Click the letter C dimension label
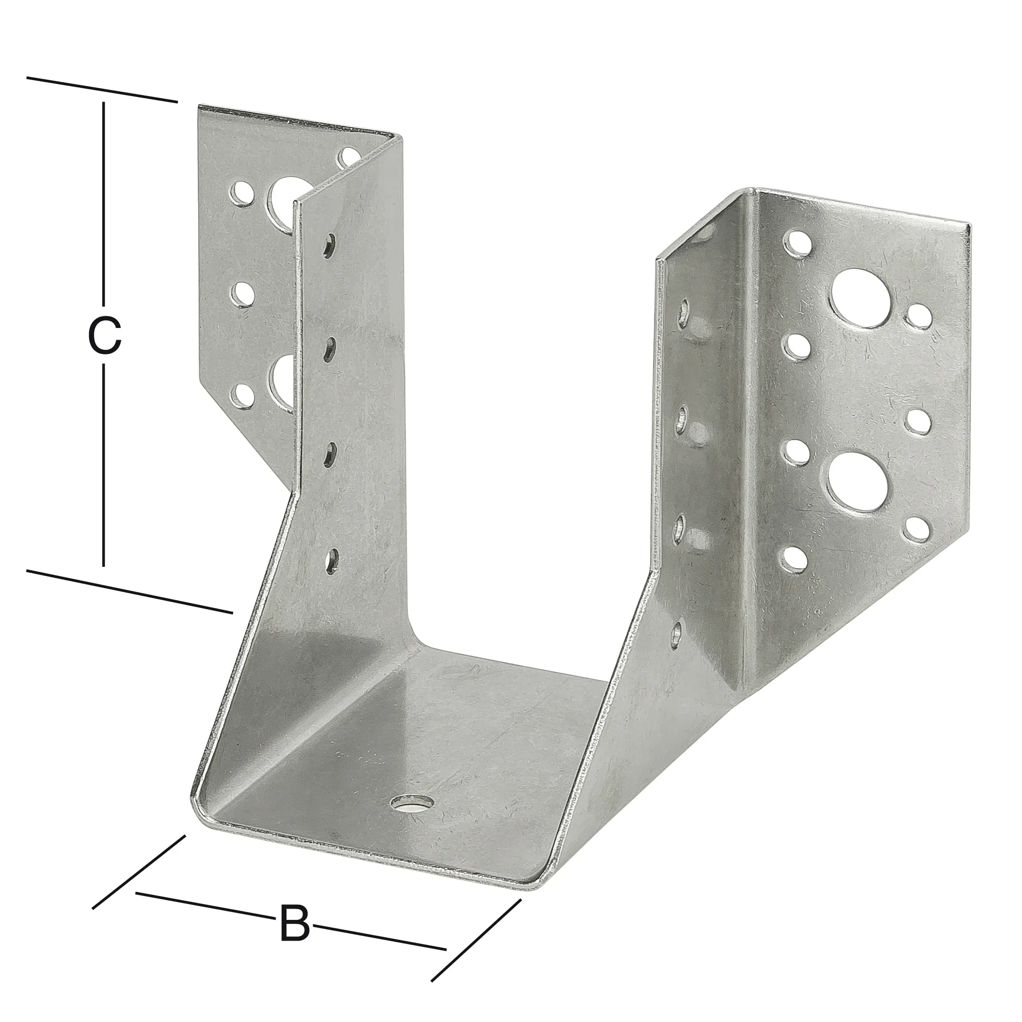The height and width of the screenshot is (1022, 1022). [105, 335]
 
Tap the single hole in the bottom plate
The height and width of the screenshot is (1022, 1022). [411, 820]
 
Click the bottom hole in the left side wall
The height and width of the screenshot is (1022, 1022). [332, 561]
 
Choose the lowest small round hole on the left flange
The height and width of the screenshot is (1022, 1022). [241, 397]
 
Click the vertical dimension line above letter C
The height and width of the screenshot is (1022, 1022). [104, 201]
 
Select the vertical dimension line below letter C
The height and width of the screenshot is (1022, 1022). [104, 466]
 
